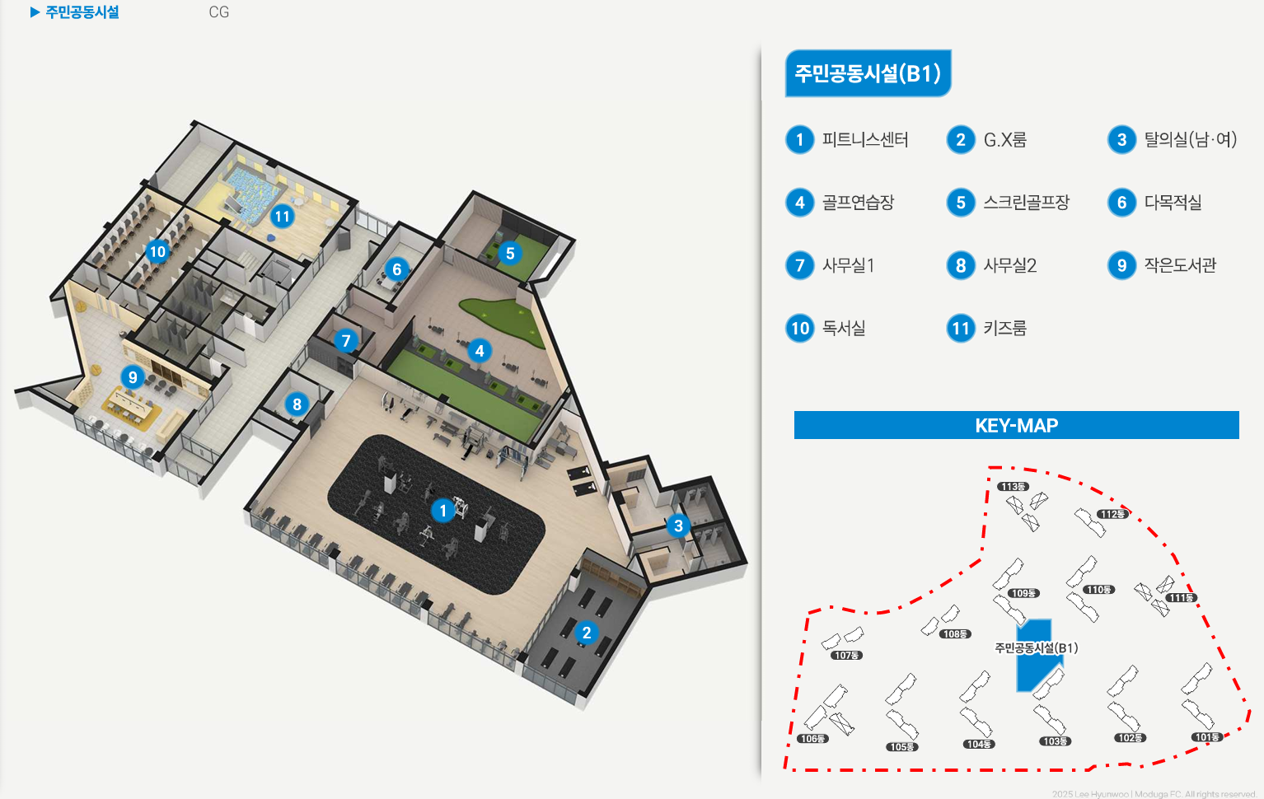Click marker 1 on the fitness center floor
(443, 511)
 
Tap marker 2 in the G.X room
(586, 633)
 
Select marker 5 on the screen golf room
(510, 253)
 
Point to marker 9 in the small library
(133, 377)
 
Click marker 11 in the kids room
(283, 217)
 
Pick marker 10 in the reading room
(157, 251)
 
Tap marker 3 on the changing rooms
(678, 526)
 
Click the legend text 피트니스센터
(865, 140)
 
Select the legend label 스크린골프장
(1026, 203)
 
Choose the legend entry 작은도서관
(1180, 265)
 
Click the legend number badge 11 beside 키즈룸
(961, 329)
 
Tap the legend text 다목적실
(1173, 203)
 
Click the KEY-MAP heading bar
(1016, 425)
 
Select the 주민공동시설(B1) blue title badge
(868, 73)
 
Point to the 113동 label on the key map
(1013, 487)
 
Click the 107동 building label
(846, 656)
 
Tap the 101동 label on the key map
(1206, 737)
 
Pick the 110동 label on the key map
(1098, 590)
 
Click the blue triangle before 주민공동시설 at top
(35, 12)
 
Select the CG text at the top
(218, 12)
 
